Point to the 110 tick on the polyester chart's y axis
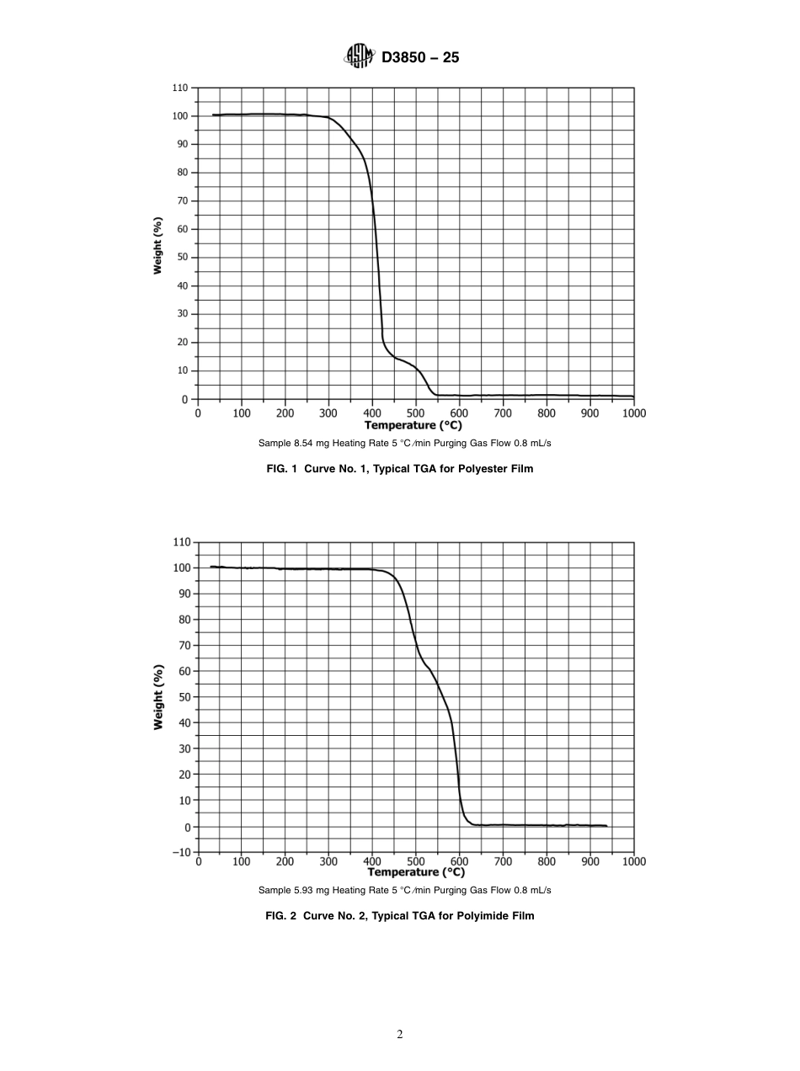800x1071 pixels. tap(179, 88)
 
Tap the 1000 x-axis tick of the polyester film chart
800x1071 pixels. tap(633, 413)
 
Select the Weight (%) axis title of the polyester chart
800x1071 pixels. tap(157, 245)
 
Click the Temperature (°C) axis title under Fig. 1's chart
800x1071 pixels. tap(414, 425)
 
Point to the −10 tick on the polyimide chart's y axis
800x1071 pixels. tap(179, 853)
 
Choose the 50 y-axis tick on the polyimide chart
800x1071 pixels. tap(182, 697)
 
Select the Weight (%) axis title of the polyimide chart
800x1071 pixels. tap(157, 697)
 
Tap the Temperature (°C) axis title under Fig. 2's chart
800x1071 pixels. tap(415, 872)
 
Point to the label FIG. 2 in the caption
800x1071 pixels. tap(282, 916)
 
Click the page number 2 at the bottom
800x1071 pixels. tap(400, 1035)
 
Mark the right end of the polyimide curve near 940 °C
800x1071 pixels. tap(606, 826)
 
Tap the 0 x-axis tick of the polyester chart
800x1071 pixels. tap(198, 413)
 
